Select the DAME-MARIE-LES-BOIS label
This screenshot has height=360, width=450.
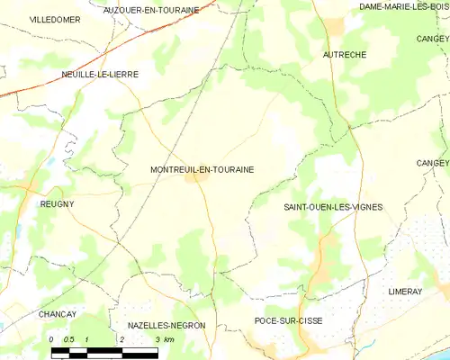(404, 6)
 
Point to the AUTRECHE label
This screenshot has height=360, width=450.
(344, 55)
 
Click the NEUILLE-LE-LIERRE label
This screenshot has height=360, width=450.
(99, 75)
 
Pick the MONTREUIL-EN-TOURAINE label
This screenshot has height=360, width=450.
(202, 168)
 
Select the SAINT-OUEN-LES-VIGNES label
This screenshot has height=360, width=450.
(333, 207)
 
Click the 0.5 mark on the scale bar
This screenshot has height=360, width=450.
(67, 338)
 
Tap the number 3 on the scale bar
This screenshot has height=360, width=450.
(157, 338)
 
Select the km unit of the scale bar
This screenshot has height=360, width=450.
(168, 338)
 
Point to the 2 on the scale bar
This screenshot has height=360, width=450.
(121, 338)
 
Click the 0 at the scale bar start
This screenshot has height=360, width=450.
(51, 338)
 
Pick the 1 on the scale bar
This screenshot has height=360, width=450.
(85, 338)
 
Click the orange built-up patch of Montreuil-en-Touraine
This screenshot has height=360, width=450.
(193, 177)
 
